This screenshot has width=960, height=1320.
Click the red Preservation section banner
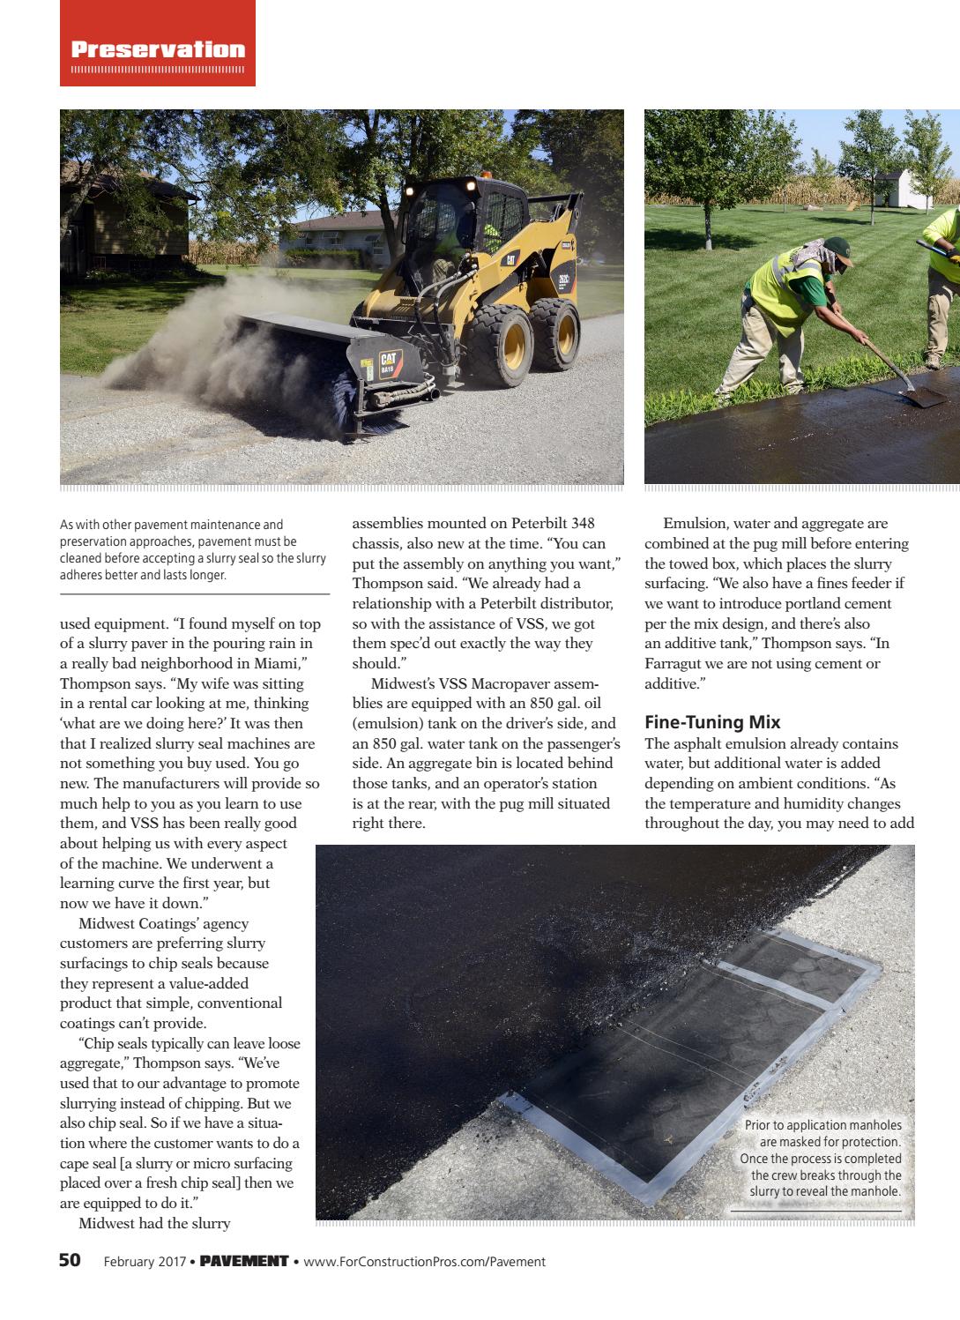[158, 49]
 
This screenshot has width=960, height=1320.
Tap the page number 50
[70, 1260]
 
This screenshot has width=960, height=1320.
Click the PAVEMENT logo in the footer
[244, 1261]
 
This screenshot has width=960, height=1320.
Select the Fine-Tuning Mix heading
[712, 722]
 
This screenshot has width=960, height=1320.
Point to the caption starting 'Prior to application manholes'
[821, 1158]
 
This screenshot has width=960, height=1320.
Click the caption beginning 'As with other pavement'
[192, 549]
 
